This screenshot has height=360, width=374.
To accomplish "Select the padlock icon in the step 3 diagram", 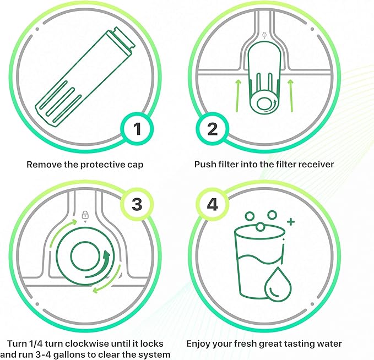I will coord(85,215).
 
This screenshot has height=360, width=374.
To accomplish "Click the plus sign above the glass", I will coord(291,221).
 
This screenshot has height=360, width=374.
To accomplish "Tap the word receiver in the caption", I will coord(315,165).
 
